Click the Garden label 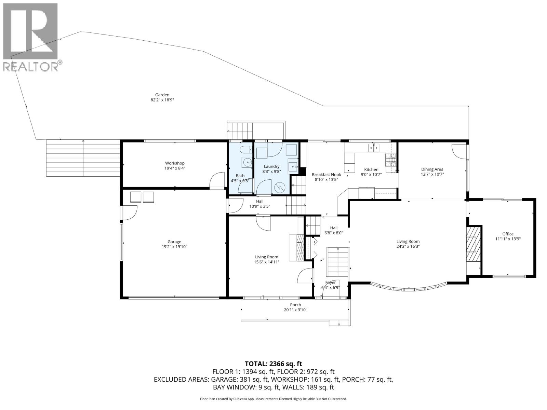click(x=162, y=95)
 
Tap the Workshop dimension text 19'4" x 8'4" click(x=175, y=168)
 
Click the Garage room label click(x=174, y=242)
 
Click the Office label click(x=508, y=234)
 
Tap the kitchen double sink click(x=374, y=148)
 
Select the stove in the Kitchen click(x=391, y=160)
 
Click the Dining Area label click(x=432, y=169)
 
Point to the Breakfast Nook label click(x=326, y=175)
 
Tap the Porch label click(x=295, y=305)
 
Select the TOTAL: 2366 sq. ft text click(x=273, y=364)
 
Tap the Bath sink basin click(x=246, y=162)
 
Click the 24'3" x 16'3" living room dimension click(x=408, y=246)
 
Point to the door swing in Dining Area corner click(x=458, y=151)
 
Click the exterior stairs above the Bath click(x=241, y=131)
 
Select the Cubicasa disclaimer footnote click(x=273, y=399)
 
